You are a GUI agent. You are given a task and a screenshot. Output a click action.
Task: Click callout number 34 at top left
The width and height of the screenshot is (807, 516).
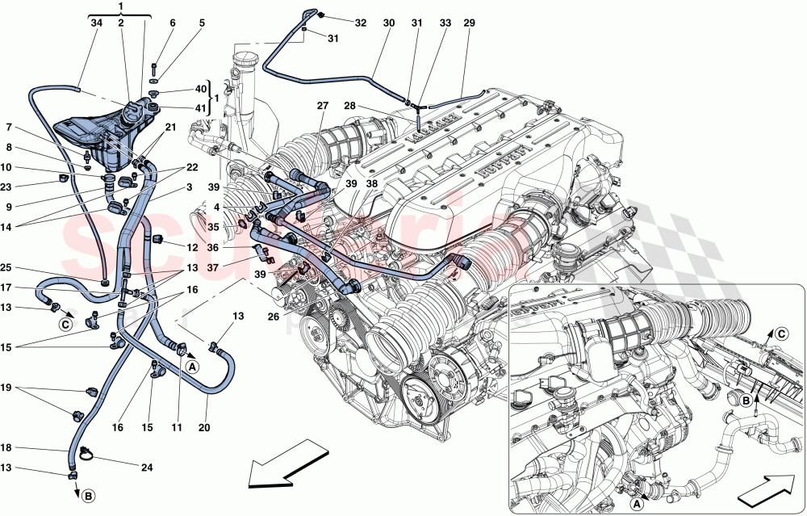coord(97,23)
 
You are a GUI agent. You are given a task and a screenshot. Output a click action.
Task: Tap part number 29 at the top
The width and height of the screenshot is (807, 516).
coord(469,23)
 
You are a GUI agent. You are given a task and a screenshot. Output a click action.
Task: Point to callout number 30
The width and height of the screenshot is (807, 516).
coord(388,23)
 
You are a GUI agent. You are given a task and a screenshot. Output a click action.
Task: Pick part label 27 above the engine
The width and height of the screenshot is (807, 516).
coord(323,107)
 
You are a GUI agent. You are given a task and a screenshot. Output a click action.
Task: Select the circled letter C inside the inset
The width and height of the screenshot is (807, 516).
coord(781,332)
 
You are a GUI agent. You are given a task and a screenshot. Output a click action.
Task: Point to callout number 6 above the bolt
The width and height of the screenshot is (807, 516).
coord(172,23)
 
